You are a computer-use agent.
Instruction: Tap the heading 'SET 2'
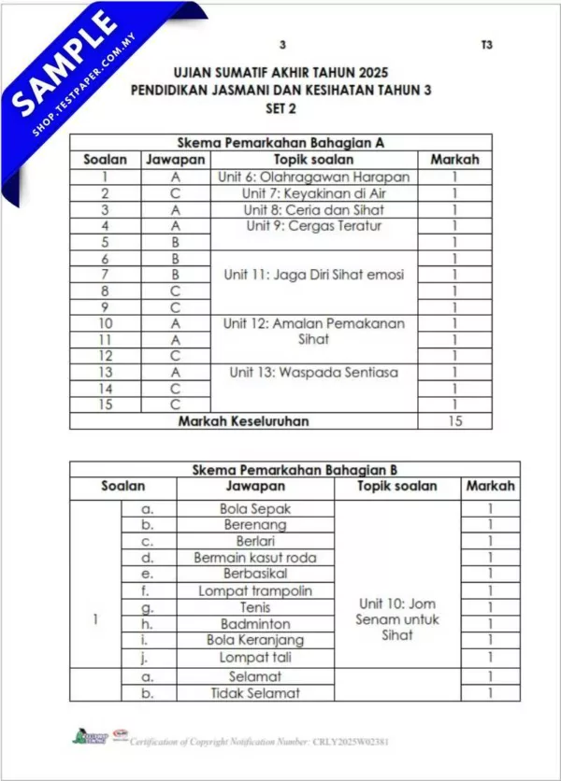tap(281, 107)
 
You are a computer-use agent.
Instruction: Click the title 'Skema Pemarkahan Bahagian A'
tap(281, 144)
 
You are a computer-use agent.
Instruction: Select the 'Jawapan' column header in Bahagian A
tap(175, 160)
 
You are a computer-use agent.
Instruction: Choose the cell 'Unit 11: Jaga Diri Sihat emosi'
tap(313, 275)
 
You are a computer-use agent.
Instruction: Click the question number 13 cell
tap(106, 372)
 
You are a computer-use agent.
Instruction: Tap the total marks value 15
tap(453, 421)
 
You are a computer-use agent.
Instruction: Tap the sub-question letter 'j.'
tap(146, 657)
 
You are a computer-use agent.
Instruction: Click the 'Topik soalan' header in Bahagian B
tap(397, 486)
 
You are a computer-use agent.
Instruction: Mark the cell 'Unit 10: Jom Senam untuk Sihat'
tap(397, 618)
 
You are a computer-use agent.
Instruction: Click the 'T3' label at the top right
tap(486, 45)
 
